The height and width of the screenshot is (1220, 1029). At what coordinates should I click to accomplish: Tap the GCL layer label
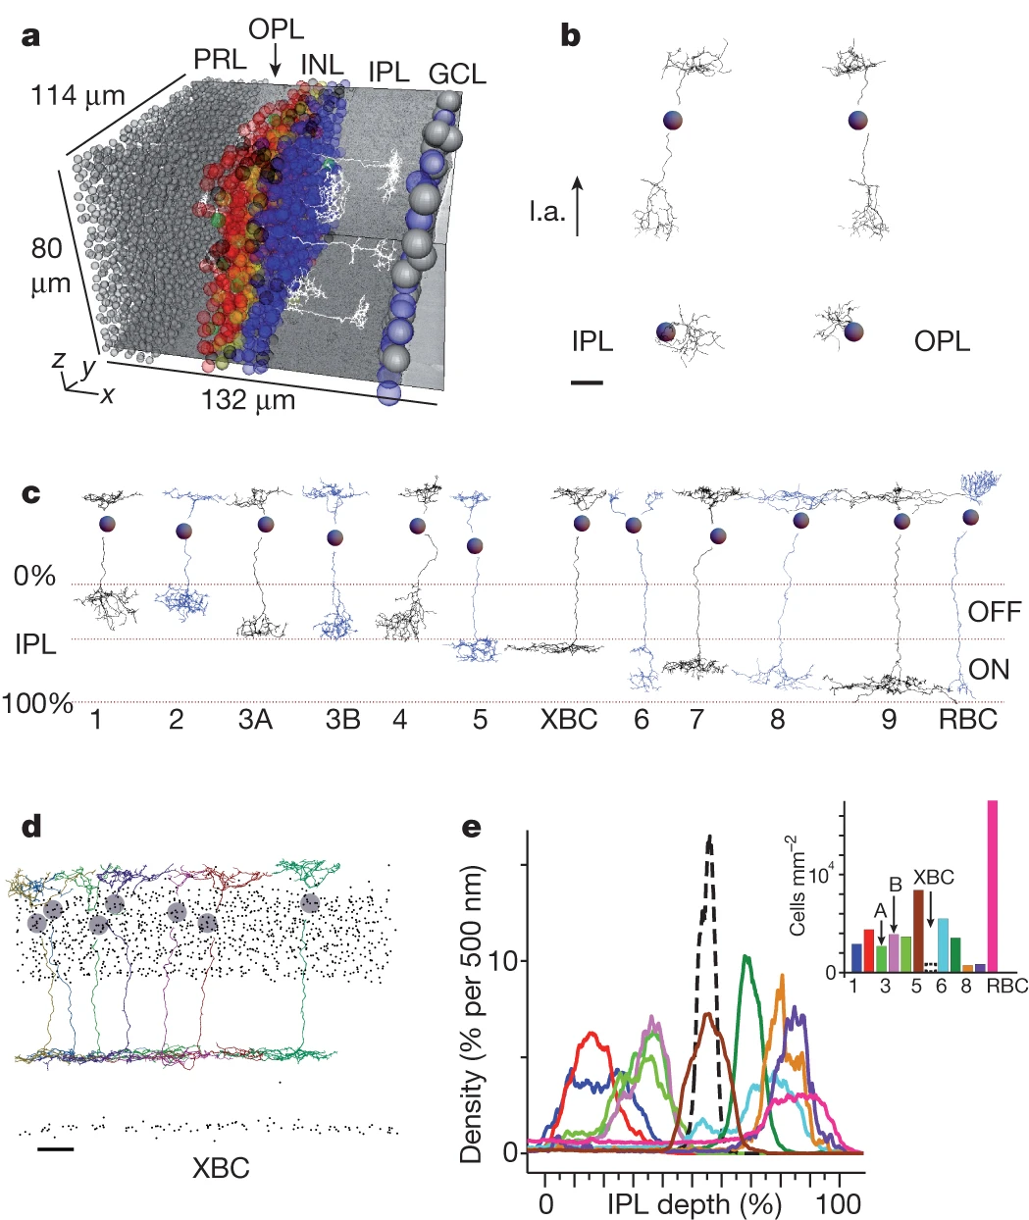[x=457, y=74]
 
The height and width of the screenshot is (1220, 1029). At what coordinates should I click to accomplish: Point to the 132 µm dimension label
[x=248, y=401]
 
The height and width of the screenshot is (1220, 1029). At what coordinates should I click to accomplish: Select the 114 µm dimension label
[x=78, y=96]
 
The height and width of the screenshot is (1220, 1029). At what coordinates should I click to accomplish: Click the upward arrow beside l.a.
[x=578, y=205]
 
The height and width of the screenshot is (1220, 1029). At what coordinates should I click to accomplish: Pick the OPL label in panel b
[x=942, y=341]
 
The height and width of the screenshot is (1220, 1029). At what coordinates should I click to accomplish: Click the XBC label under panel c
[x=569, y=720]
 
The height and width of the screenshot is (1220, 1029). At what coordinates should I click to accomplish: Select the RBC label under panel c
[x=967, y=720]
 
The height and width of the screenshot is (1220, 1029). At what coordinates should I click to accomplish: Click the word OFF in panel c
[x=995, y=613]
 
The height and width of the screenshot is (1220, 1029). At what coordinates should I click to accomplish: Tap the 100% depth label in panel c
[x=37, y=703]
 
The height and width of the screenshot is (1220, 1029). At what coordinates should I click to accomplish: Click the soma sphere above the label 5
[x=476, y=545]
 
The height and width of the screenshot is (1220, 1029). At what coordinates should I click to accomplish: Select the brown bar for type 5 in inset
[x=917, y=931]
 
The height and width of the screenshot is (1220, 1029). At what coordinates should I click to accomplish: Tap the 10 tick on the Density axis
[x=508, y=960]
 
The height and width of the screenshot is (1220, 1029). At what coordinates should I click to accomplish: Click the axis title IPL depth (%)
[x=695, y=1203]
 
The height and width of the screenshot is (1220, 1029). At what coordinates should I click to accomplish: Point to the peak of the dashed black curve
[x=709, y=837]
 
